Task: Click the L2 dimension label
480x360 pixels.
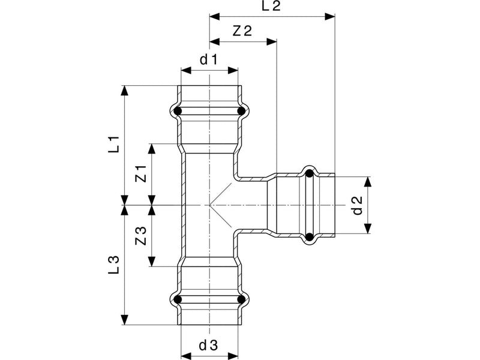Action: tap(271, 6)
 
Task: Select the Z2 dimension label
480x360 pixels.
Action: tap(242, 31)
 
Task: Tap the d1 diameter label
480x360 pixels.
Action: tap(208, 59)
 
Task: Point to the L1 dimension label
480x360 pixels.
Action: tap(115, 145)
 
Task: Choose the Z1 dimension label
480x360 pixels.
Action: tap(141, 173)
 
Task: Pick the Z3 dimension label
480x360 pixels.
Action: tap(141, 236)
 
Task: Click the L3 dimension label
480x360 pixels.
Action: tap(113, 265)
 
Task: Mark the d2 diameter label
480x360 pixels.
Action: tap(357, 205)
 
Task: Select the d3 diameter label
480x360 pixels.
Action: tap(208, 346)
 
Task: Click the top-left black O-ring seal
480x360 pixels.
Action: tap(178, 111)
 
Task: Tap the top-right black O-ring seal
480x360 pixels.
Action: tap(242, 111)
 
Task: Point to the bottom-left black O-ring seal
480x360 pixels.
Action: tap(178, 299)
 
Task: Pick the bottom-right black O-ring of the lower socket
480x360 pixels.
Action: tap(242, 299)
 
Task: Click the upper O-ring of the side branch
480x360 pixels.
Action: tap(310, 173)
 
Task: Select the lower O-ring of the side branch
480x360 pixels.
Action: tap(310, 236)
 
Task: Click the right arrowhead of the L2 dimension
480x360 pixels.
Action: tap(330, 17)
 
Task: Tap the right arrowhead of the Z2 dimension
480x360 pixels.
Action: tap(272, 41)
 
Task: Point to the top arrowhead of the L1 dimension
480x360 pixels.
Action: tap(125, 91)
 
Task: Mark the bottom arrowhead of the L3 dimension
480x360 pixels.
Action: tap(125, 319)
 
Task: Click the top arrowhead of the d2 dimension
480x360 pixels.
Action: tap(368, 182)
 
